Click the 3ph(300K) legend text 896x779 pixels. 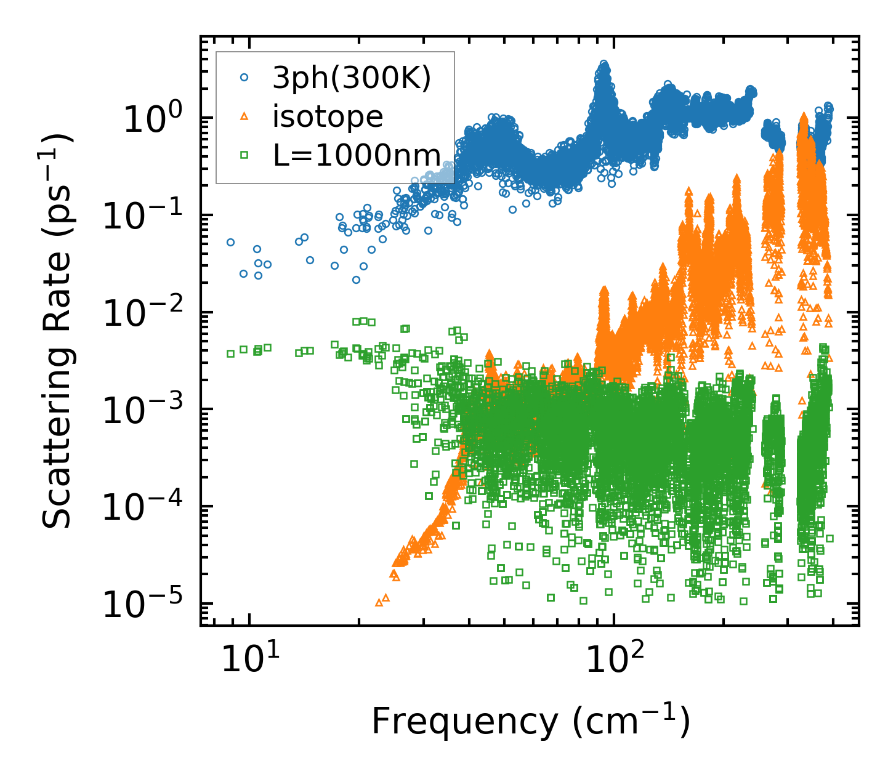pos(352,79)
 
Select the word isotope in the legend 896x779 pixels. pos(328,117)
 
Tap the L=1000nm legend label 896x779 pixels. pos(357,156)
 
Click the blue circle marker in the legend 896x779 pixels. pos(244,78)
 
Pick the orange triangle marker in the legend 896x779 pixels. pos(244,116)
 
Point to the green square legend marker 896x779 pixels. pos(244,155)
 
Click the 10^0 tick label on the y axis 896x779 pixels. pos(152,118)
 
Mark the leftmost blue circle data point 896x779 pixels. pos(230,242)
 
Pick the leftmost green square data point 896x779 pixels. pos(230,353)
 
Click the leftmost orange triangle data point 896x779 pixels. pos(379,602)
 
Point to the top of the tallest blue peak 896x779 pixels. pos(603,64)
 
